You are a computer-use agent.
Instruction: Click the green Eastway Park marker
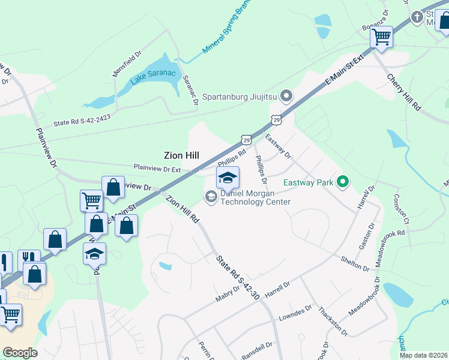pos(343,181)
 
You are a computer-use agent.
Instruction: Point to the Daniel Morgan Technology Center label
pos(255,197)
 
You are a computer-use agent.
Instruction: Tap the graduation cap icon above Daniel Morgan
pos(228,178)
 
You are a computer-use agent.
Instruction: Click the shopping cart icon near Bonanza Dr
pos(381,37)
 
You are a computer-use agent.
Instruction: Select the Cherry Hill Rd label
pos(403,92)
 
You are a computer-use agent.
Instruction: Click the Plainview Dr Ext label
pos(157,169)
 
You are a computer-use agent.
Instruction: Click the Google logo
pos(20,353)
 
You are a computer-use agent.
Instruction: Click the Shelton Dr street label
pos(354,263)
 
